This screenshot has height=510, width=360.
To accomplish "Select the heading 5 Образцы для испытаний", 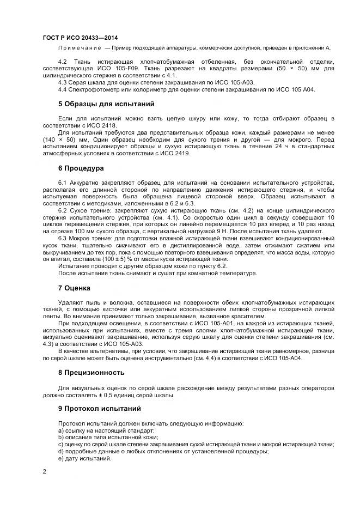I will (99, 104).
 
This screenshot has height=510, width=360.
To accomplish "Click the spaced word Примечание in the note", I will (80, 48).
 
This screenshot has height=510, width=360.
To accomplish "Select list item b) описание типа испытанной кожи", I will (108, 437).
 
